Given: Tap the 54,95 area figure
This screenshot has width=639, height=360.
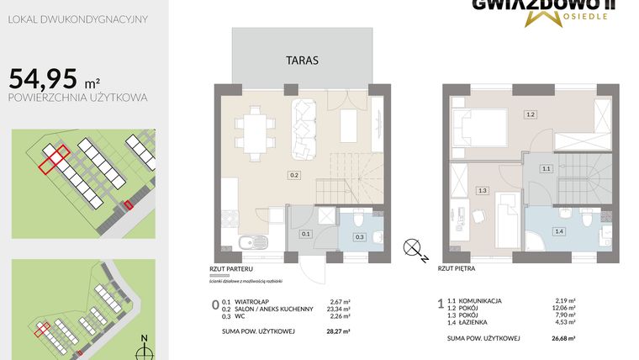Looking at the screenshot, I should (40, 79).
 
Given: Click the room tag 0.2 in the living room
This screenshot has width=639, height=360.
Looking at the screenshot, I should (294, 175).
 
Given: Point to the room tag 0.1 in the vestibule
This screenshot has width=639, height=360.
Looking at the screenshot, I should (306, 234).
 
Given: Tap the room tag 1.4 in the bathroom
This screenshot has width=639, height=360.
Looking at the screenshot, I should (558, 230).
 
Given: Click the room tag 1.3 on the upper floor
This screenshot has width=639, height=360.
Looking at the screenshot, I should (483, 191).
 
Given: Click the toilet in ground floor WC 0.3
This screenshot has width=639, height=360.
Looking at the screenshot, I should (359, 220).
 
